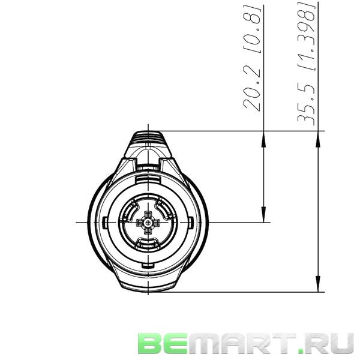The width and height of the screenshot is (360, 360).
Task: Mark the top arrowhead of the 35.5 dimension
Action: [x=317, y=137]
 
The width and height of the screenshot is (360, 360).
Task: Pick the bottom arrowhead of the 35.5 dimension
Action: [x=317, y=286]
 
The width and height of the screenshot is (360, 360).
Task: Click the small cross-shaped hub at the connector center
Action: [x=147, y=223]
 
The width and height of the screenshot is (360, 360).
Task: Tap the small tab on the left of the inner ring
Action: [x=105, y=223]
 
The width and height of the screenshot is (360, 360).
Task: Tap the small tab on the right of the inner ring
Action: [x=190, y=223]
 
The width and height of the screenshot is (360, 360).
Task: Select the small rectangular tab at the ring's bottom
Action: [x=147, y=265]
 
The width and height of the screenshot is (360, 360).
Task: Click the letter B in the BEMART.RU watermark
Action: [x=150, y=344]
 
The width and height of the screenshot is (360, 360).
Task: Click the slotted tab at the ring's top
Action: [x=147, y=179]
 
